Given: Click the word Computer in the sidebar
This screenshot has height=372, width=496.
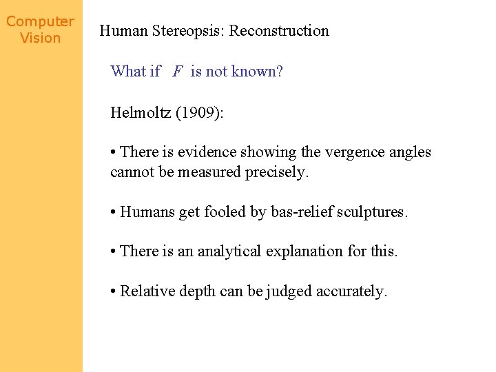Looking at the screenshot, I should pyautogui.click(x=40, y=22).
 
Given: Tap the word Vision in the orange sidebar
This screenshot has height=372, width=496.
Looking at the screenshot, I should pyautogui.click(x=40, y=39).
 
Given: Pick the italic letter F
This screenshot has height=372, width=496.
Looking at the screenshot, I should pyautogui.click(x=178, y=72).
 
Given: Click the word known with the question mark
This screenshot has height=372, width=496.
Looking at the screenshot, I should pyautogui.click(x=260, y=72).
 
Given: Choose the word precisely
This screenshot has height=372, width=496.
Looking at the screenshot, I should pyautogui.click(x=277, y=172).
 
